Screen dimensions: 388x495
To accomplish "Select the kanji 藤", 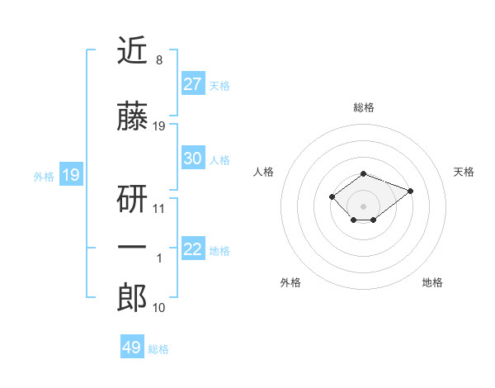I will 132,117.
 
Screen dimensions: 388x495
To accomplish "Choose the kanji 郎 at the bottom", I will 132,298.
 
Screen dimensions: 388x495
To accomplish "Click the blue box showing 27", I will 192,83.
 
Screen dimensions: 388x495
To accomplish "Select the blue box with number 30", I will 192,159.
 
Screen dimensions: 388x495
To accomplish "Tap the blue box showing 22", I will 192,249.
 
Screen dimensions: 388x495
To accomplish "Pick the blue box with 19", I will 70,175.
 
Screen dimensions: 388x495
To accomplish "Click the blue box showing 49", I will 132,348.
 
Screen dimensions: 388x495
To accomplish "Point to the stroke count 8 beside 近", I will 158,60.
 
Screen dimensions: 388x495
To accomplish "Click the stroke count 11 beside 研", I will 158,209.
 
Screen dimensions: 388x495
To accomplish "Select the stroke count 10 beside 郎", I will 158,308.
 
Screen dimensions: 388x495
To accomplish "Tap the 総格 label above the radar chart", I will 364,107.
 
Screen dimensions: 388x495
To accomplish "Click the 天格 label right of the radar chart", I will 464,172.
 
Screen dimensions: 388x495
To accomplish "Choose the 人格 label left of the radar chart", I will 264,172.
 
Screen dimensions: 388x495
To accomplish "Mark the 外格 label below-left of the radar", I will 290,282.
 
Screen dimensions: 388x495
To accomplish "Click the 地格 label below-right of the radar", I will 432,282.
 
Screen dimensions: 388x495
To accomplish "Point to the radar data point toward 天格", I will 410,191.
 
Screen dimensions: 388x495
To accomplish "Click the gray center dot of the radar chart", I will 364,206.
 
